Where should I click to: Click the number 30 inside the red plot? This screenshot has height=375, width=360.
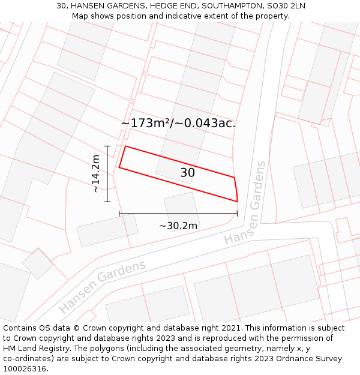pos(187,173)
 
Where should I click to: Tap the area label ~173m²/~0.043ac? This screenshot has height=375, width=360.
pos(178,123)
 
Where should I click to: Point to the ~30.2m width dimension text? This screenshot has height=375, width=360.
pos(178,226)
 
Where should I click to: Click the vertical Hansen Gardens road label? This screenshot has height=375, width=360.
pos(246,203)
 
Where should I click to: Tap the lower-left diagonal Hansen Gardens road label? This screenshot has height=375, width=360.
pos(103,287)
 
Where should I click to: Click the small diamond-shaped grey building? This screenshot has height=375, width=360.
pos(38,263)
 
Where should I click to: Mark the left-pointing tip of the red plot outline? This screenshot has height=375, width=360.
pos(119,167)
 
